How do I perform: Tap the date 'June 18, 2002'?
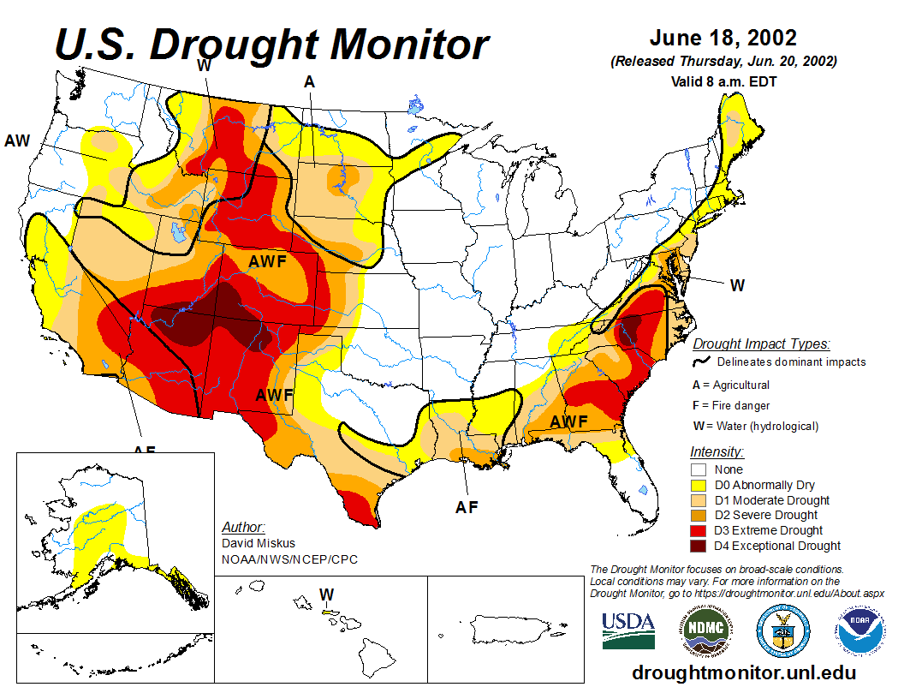click(x=723, y=39)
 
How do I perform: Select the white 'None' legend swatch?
click(x=699, y=469)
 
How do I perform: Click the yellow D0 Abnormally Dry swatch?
click(x=699, y=485)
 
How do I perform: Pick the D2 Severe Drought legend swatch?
click(x=699, y=515)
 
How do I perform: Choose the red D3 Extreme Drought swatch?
click(x=699, y=530)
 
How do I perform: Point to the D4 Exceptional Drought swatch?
click(x=699, y=546)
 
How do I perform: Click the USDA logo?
click(x=628, y=630)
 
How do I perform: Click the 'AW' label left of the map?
click(x=17, y=140)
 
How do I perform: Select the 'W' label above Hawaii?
click(x=326, y=594)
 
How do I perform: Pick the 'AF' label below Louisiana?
click(x=467, y=507)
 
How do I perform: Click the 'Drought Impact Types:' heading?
click(x=761, y=344)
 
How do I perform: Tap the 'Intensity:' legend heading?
click(x=717, y=451)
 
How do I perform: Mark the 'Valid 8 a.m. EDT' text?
click(x=723, y=82)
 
